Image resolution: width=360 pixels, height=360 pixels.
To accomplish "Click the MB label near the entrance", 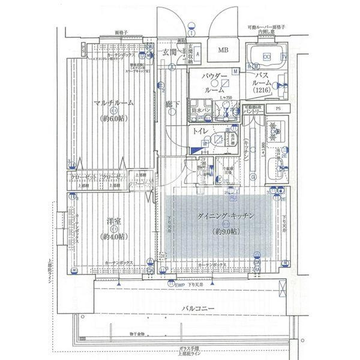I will [x=223, y=50].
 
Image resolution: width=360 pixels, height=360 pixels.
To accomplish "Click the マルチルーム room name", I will [x=113, y=103].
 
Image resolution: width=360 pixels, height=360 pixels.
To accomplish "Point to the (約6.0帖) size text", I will [x=113, y=118].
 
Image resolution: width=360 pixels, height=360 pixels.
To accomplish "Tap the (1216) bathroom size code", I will [x=262, y=89].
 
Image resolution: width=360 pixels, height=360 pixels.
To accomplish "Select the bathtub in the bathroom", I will [x=268, y=57].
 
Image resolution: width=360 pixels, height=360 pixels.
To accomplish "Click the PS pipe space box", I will [x=277, y=109].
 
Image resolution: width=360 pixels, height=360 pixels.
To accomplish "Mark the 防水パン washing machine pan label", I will [x=200, y=111].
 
